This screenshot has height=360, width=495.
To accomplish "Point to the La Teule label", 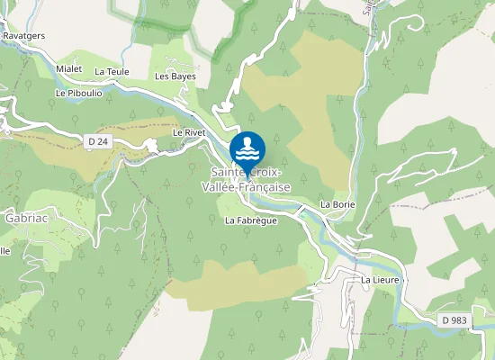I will pyautogui.click(x=112, y=71).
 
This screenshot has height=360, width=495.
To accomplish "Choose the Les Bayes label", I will pyautogui.click(x=175, y=76).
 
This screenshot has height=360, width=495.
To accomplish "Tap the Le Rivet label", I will pyautogui.click(x=190, y=132).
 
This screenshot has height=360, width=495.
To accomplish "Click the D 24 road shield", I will pyautogui.click(x=98, y=140).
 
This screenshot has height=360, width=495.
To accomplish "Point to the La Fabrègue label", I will pyautogui.click(x=250, y=220).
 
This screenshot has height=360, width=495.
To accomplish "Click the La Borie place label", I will pyautogui.click(x=338, y=205).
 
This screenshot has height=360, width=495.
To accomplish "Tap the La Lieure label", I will pyautogui.click(x=380, y=280).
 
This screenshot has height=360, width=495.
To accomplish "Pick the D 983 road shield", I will pyautogui.click(x=457, y=320).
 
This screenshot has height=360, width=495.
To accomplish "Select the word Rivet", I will pyautogui.click(x=196, y=132).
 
